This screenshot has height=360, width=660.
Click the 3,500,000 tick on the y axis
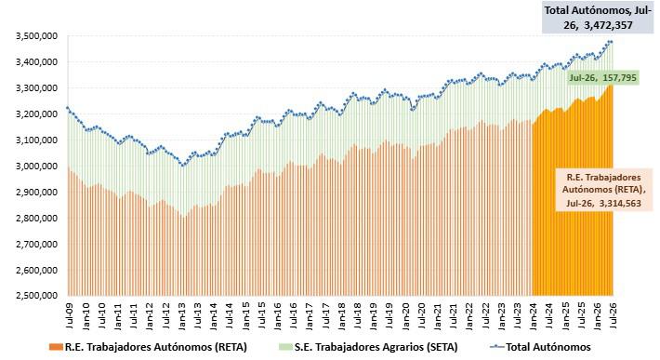[36, 35]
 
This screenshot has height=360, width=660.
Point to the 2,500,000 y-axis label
[36, 296]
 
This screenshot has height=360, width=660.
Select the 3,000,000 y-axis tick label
[36, 166]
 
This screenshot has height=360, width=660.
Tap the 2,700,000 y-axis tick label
[36, 244]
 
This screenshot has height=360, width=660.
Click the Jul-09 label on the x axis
[69, 314]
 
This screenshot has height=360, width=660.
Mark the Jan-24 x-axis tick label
[534, 314]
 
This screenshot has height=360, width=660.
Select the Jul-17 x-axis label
[325, 314]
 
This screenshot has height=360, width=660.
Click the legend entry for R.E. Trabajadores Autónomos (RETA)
[148, 347]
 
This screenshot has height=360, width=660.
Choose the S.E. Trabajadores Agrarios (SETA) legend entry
[368, 347]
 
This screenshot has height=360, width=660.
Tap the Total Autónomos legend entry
[541, 347]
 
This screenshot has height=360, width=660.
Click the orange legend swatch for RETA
[56, 347]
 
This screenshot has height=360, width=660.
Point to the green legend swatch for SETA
[285, 347]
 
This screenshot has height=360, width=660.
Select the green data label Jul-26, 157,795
[602, 78]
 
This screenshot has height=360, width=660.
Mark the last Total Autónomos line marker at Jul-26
[611, 42]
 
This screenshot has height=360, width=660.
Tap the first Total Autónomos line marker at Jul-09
[68, 108]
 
